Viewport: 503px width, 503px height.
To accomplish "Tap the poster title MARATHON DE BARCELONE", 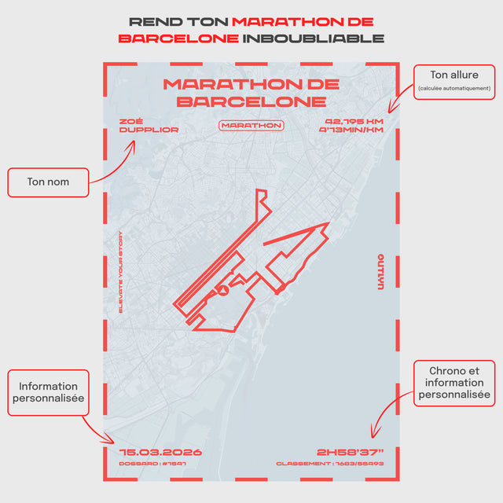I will coord(251,92).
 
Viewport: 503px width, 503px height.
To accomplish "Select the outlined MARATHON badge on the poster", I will coord(251,125).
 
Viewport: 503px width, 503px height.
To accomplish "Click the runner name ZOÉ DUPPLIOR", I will coord(149,126).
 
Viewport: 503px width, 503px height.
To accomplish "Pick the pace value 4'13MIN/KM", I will coord(351,130).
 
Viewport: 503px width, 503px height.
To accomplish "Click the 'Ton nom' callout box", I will coord(48,182).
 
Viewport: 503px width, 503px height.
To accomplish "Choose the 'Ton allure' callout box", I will coord(454,81).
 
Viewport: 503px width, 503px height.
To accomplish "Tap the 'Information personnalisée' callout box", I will coord(49,393).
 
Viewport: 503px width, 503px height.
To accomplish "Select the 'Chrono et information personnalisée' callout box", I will coord(454,383).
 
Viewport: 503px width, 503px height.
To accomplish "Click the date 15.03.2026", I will coord(160,452).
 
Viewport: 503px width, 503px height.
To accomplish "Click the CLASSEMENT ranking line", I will coord(329,464).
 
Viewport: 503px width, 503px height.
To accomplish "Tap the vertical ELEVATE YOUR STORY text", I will coord(121,272).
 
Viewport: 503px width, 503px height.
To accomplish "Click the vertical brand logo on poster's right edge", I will coord(380,272).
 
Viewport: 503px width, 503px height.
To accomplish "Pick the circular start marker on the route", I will coord(223,291).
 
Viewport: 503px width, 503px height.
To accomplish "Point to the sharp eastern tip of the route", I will coord(326,223).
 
